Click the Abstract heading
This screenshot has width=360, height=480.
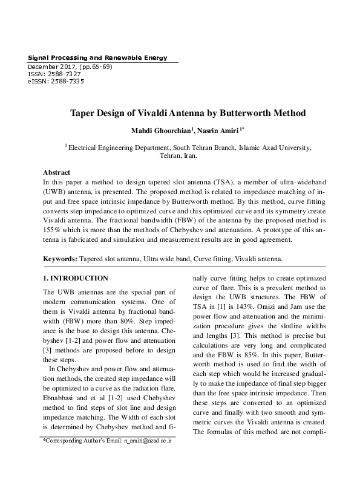tap(57, 172)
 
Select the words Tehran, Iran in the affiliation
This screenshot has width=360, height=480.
tap(180, 155)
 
